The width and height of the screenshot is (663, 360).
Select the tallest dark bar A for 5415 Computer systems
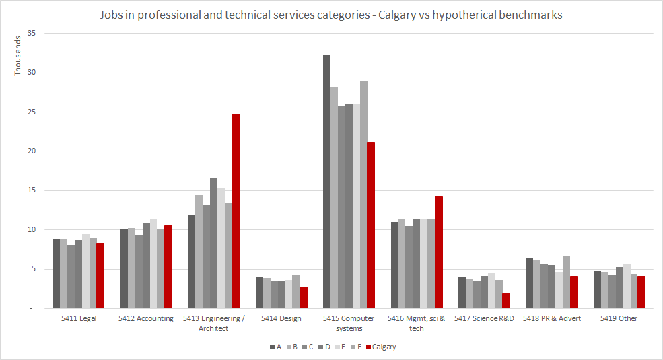326,181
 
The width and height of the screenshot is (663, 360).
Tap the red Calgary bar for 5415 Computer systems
371,225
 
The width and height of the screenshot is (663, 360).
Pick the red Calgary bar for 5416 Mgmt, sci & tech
439,252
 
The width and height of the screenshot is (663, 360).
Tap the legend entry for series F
359,347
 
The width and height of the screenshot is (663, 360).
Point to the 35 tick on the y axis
32,34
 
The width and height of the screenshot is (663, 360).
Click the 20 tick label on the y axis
32,151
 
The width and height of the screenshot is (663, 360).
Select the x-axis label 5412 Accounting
145,318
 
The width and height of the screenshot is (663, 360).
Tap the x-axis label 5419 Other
619,318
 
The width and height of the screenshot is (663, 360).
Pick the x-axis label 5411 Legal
78,318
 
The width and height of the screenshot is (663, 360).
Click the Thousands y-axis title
18,55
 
